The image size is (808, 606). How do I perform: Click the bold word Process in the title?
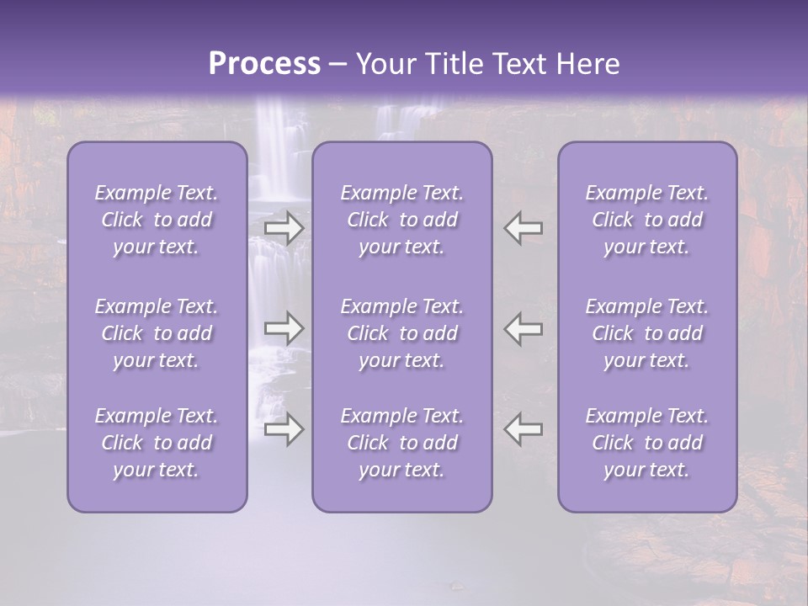point(264,64)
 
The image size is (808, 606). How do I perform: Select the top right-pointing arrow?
point(284,228)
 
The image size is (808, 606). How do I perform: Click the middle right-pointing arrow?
point(284,327)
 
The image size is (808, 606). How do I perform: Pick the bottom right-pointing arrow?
point(284,429)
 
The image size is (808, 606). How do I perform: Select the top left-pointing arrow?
point(523,228)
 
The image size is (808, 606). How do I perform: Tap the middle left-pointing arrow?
point(523,327)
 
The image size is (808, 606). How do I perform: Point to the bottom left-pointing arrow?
point(523,429)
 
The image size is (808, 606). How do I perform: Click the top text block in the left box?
point(157,220)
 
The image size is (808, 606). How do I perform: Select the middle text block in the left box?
point(157,333)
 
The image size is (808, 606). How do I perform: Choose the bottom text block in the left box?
point(157,443)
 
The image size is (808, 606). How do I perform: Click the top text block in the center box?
point(401,220)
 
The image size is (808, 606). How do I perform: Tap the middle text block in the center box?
point(401,333)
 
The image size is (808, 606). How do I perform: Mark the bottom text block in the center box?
point(401,443)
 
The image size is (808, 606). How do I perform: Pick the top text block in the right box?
point(646,220)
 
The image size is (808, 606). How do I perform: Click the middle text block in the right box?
point(646,333)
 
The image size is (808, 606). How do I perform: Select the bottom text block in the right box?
point(646,443)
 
